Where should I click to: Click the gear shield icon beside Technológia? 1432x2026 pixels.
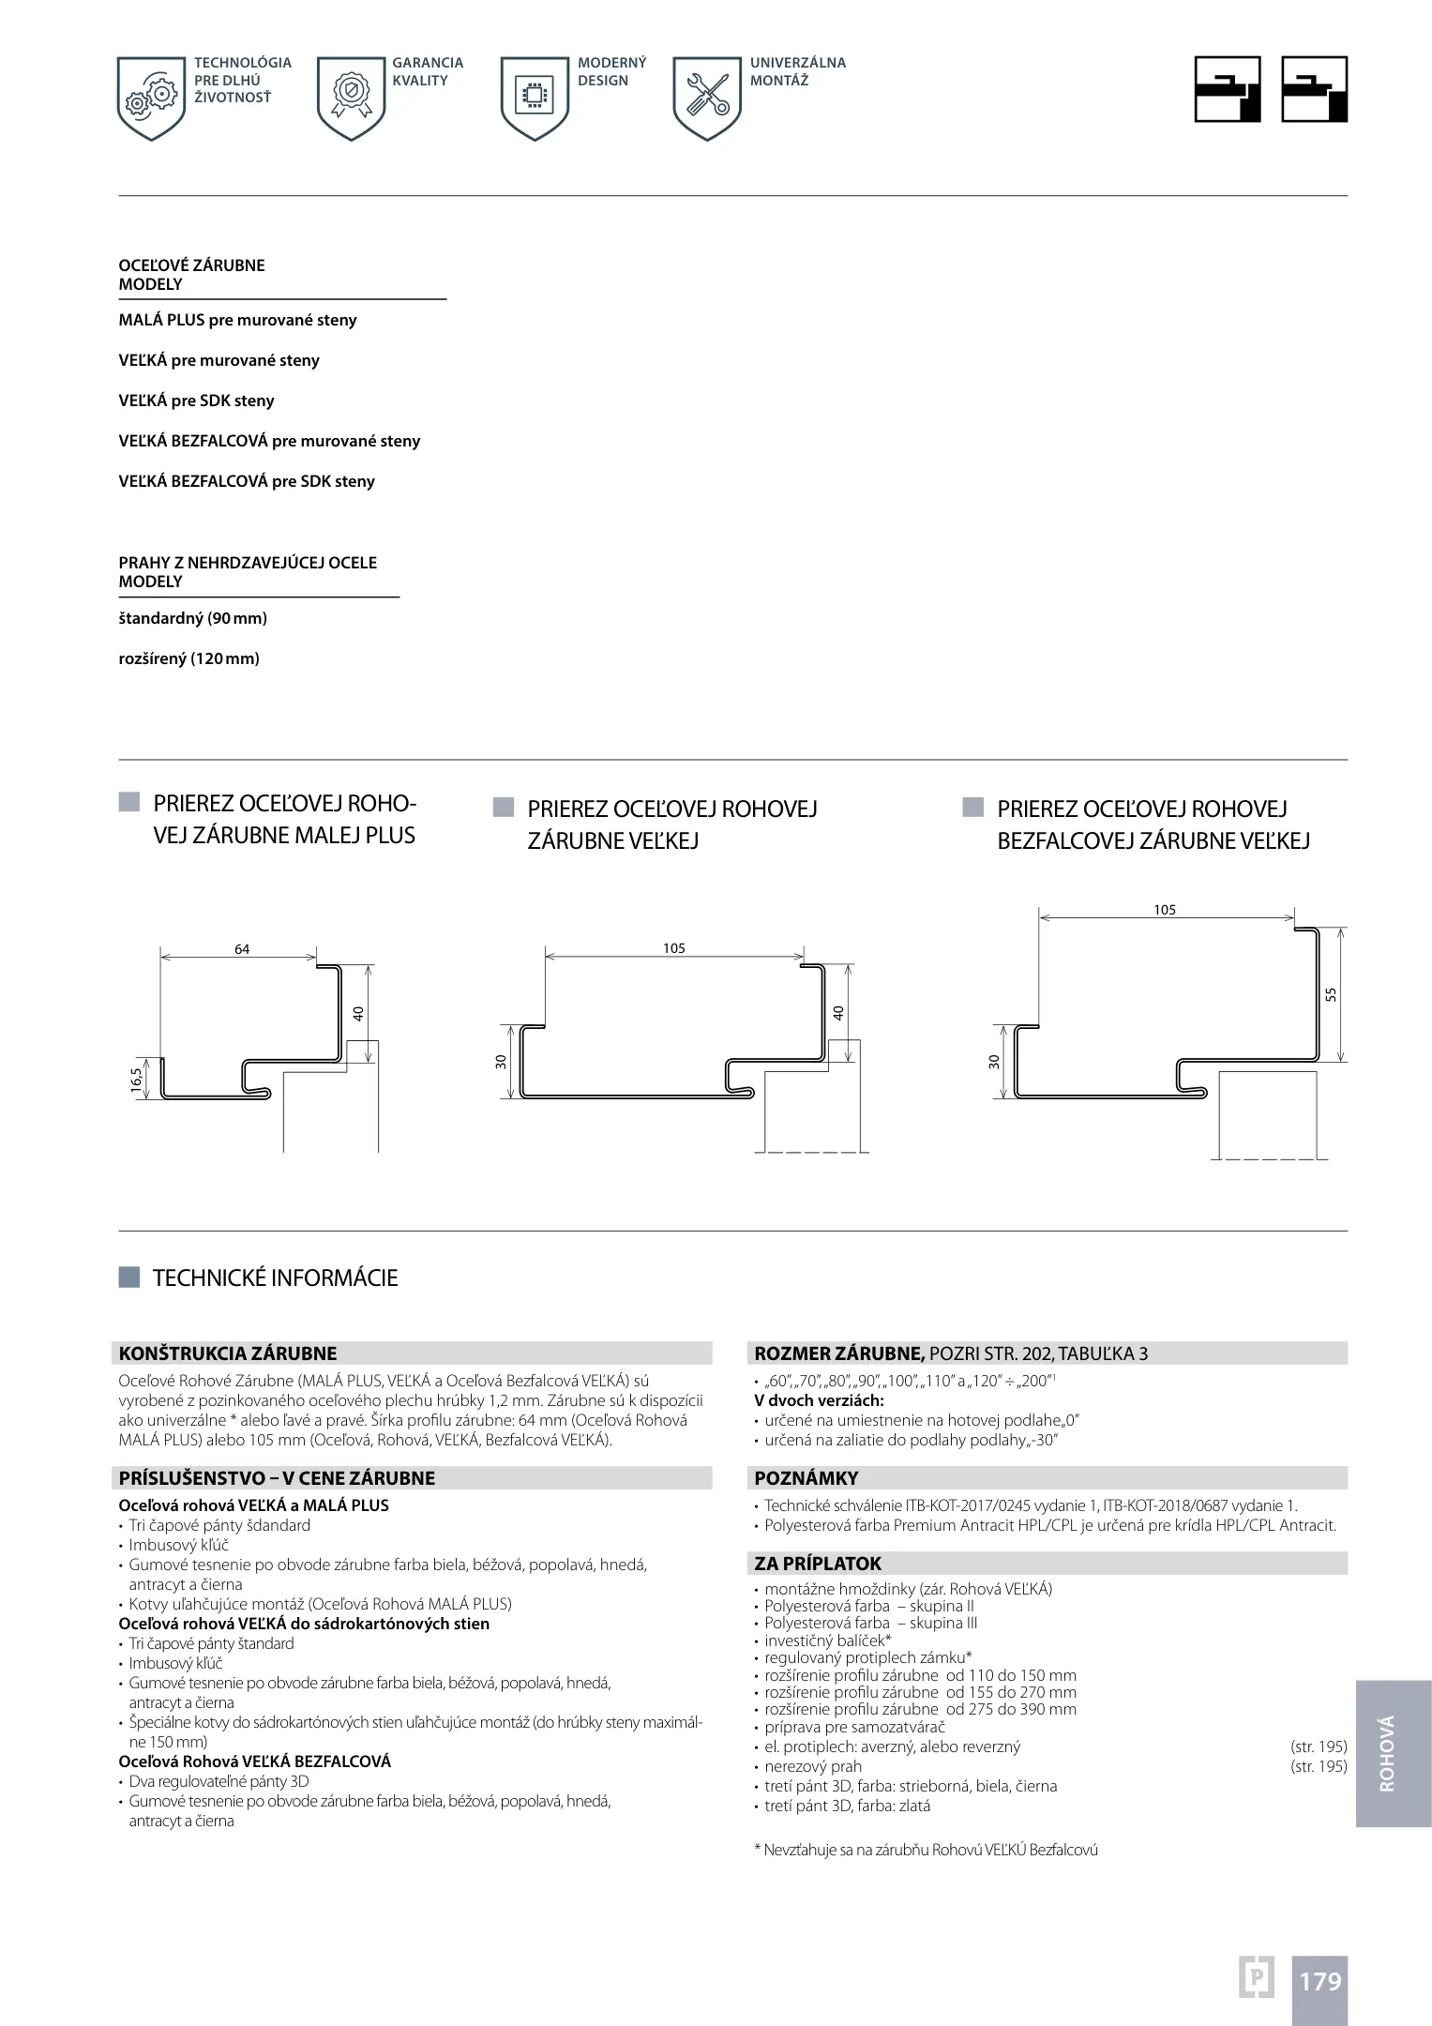(x=151, y=98)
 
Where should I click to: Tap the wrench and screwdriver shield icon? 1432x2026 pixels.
(x=707, y=98)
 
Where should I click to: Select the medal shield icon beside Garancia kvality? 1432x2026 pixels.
(x=351, y=98)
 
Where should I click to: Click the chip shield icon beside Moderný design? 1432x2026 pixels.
(x=535, y=98)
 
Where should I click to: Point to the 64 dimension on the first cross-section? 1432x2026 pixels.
(x=242, y=949)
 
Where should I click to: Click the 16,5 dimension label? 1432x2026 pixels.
(x=137, y=1081)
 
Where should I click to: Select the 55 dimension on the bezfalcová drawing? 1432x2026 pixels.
(x=1331, y=994)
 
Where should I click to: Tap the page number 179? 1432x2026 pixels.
(x=1319, y=1981)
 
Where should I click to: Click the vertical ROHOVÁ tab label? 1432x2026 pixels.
(x=1388, y=1754)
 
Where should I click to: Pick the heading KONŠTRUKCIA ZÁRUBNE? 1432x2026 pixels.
(x=228, y=1353)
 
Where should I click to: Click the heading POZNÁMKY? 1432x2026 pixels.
(x=806, y=1478)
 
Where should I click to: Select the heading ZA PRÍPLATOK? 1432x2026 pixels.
(x=818, y=1564)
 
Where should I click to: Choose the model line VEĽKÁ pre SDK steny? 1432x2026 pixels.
(x=197, y=401)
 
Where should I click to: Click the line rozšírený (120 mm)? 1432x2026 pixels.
(x=189, y=658)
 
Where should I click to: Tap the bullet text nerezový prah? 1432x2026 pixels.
(x=813, y=1767)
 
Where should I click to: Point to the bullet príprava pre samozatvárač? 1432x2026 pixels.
(x=854, y=1728)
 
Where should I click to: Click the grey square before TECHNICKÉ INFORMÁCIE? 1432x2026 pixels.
(x=129, y=1278)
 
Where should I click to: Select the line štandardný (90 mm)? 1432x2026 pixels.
(x=193, y=618)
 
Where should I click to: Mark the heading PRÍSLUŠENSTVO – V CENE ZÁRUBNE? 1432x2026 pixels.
(x=278, y=1478)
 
